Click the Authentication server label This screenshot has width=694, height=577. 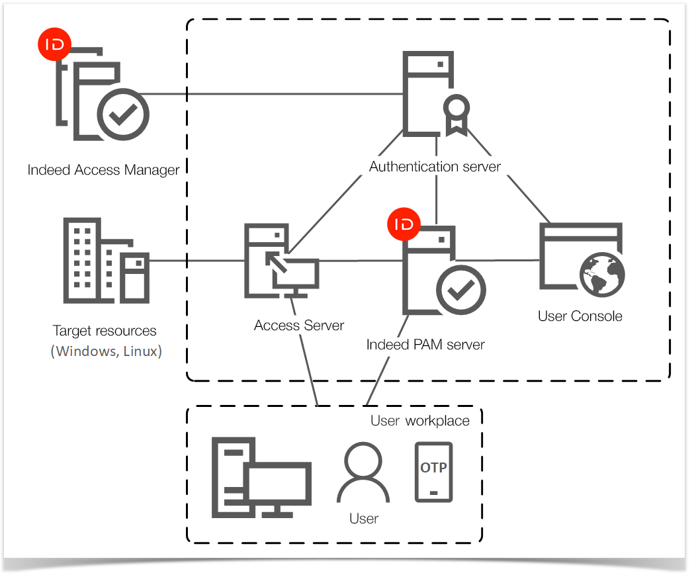[435, 166]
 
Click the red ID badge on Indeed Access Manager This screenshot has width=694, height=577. [54, 46]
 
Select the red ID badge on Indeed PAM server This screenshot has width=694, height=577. [404, 224]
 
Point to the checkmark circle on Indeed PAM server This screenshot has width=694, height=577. [460, 290]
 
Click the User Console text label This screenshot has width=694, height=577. [580, 316]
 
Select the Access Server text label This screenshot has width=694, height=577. [299, 326]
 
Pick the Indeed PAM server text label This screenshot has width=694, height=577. [425, 345]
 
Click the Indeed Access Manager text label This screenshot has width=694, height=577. [103, 170]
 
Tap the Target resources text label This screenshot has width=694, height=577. [105, 331]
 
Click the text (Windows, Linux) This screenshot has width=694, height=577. [106, 351]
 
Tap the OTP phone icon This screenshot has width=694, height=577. [433, 472]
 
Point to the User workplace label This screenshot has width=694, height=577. [419, 421]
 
